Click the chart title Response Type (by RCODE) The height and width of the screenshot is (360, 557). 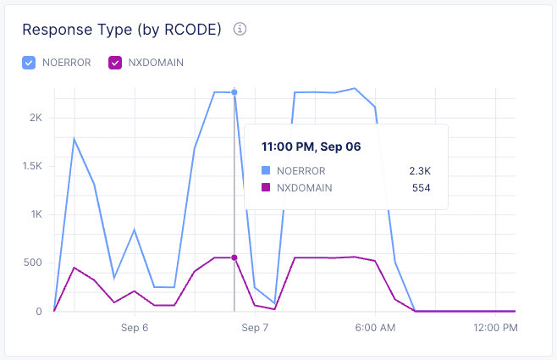[121, 30]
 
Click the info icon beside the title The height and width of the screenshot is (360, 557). [240, 30]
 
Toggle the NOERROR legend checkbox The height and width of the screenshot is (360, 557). [29, 62]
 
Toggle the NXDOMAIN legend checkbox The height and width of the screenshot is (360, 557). [116, 62]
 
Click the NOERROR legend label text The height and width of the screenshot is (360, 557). [66, 62]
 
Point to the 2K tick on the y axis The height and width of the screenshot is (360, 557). [35, 118]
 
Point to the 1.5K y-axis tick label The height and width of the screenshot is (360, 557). [31, 166]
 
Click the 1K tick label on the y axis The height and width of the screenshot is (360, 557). [35, 214]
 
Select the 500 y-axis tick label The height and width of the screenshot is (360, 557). [32, 263]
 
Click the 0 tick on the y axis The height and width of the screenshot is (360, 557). [39, 311]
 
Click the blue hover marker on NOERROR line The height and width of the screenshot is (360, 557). [234, 92]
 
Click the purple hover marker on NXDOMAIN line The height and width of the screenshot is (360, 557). [234, 258]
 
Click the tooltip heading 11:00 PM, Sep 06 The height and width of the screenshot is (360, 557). [311, 147]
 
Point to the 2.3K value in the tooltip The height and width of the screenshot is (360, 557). [421, 170]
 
